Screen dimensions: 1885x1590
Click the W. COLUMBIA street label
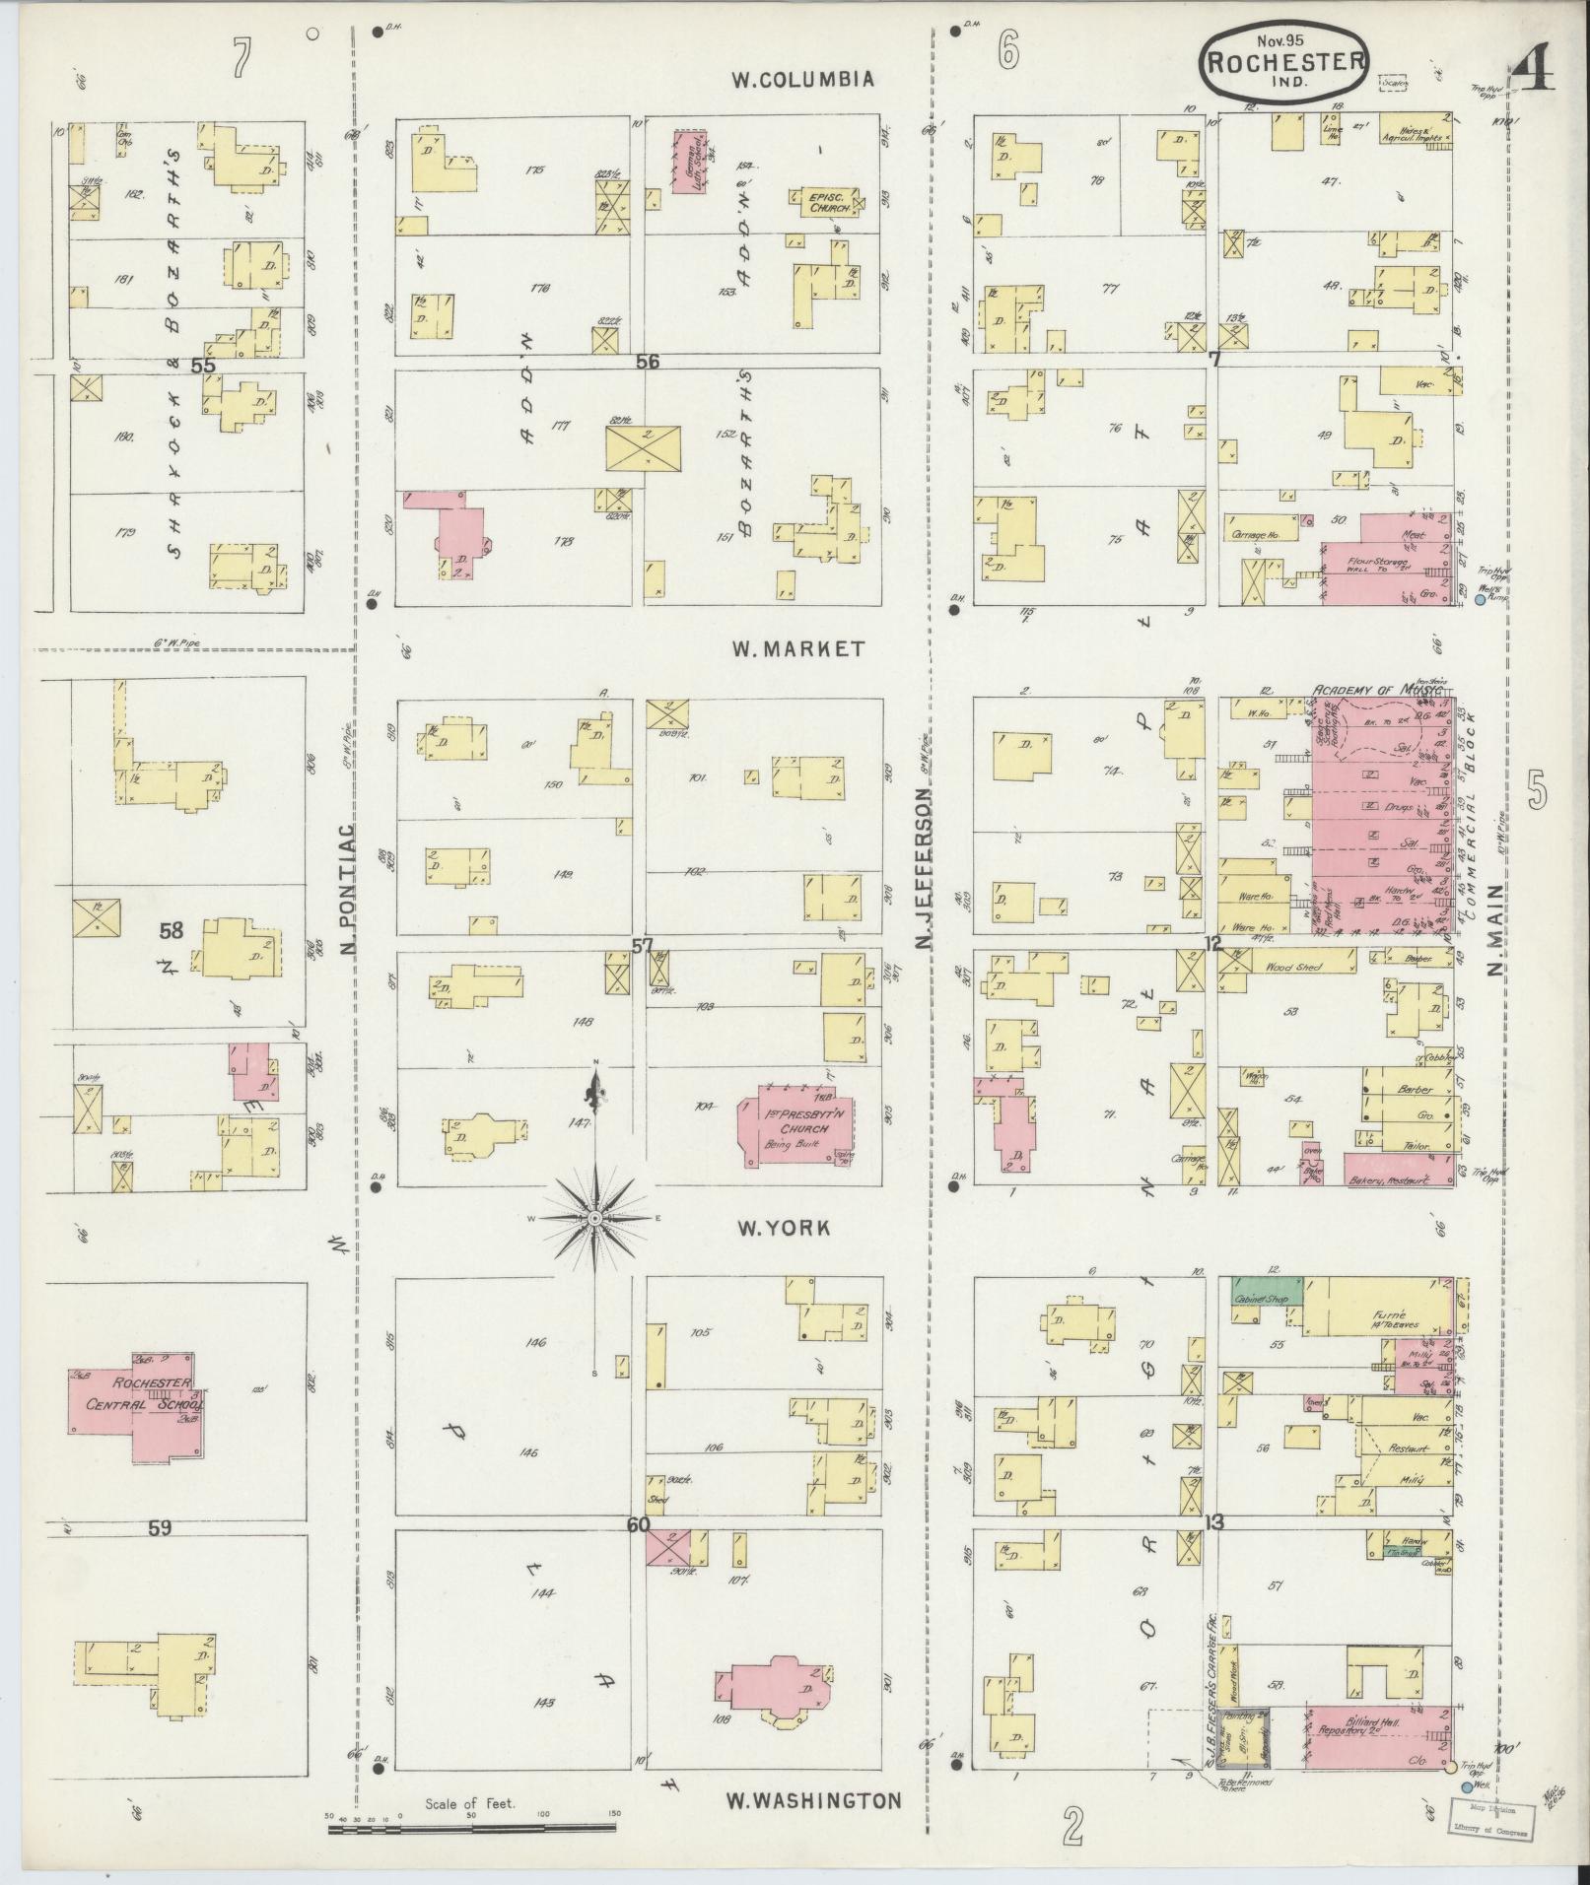pyautogui.click(x=802, y=79)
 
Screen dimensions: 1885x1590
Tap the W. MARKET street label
pyautogui.click(x=797, y=648)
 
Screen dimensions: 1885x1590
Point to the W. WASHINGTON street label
pyautogui.click(x=813, y=1800)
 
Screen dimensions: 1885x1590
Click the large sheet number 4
pyautogui.click(x=1530, y=69)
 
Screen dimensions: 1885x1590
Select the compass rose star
pyautogui.click(x=595, y=1219)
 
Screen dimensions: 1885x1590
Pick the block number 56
pyautogui.click(x=647, y=362)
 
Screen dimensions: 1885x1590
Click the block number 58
pyautogui.click(x=172, y=929)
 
